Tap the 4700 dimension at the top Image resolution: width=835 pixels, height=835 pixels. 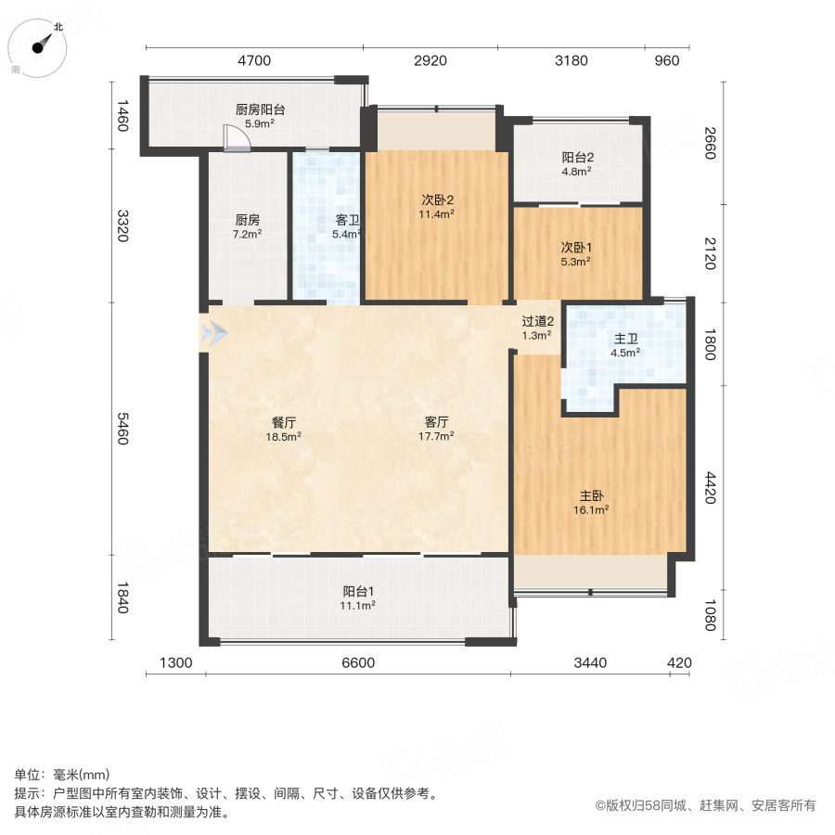(253, 61)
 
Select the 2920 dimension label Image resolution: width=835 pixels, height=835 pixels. (430, 61)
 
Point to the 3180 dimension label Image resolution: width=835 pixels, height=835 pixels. (572, 61)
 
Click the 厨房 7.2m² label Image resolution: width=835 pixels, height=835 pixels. (247, 227)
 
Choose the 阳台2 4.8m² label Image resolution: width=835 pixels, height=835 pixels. (576, 163)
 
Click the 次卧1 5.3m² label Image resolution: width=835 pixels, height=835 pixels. (576, 254)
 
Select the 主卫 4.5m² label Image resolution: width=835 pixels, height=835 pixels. (626, 345)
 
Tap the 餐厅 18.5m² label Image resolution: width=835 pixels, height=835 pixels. (285, 429)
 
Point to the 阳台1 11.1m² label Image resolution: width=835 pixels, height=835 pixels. (358, 597)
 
